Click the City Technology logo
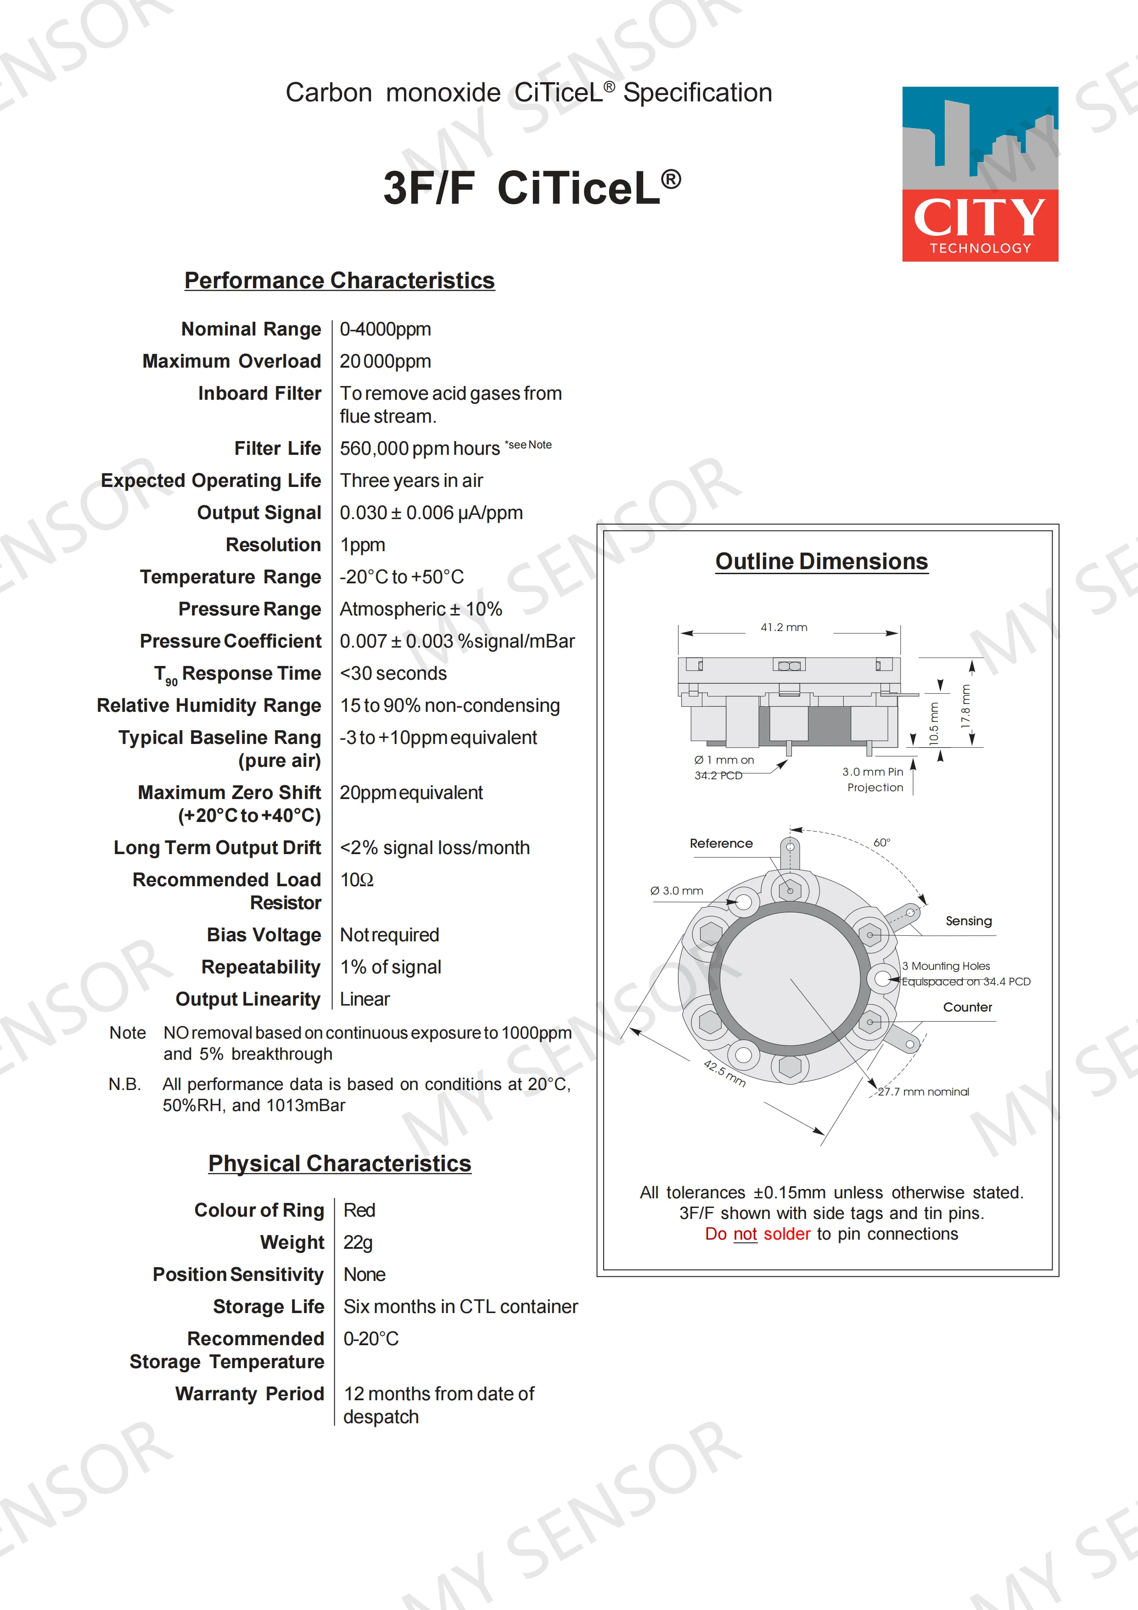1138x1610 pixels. pos(980,174)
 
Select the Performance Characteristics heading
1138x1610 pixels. pos(339,280)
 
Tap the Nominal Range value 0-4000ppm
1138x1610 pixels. pos(385,329)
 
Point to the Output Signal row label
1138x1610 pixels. pos(259,513)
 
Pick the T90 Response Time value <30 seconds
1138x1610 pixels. pos(393,673)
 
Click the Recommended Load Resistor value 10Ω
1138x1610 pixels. pos(356,880)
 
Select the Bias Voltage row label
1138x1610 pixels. pos(263,935)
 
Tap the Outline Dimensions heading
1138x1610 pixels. pos(821,562)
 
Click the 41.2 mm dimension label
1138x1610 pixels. pos(784,627)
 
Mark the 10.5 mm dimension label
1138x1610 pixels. pos(933,724)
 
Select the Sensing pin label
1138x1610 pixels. pos(968,921)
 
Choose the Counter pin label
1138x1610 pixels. pos(967,1007)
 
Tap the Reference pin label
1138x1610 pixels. pos(721,844)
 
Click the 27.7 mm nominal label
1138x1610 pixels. pos(924,1092)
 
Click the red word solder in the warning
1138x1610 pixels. pos(787,1234)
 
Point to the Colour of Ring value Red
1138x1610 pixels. pos(359,1210)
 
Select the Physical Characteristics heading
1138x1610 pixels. pos(339,1164)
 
